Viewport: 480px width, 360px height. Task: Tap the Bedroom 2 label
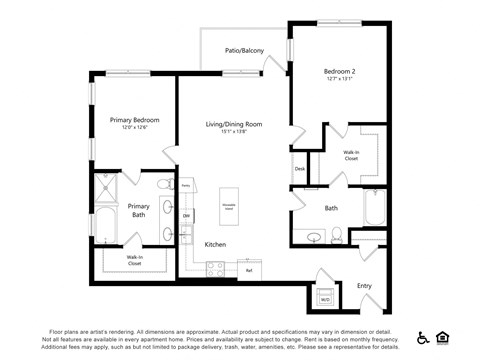pyautogui.click(x=339, y=72)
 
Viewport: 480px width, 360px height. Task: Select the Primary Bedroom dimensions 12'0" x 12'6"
pyautogui.click(x=134, y=128)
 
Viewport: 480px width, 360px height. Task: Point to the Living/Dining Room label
pyautogui.click(x=234, y=124)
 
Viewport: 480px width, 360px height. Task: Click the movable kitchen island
pyautogui.click(x=229, y=206)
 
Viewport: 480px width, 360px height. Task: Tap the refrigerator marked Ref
pyautogui.click(x=248, y=269)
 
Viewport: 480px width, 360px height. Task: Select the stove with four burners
pyautogui.click(x=216, y=268)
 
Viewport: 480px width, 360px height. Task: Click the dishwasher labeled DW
pyautogui.click(x=186, y=216)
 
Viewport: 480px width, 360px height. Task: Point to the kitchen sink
pyautogui.click(x=187, y=234)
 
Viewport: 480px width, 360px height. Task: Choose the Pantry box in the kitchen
pyautogui.click(x=186, y=186)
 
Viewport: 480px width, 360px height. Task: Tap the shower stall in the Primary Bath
pyautogui.click(x=105, y=189)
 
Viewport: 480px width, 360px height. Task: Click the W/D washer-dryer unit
pyautogui.click(x=325, y=298)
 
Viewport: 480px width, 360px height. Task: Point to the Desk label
pyautogui.click(x=299, y=169)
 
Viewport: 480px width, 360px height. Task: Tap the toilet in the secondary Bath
pyautogui.click(x=337, y=236)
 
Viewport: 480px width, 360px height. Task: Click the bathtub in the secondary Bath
pyautogui.click(x=374, y=207)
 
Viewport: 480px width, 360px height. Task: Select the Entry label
pyautogui.click(x=364, y=286)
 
